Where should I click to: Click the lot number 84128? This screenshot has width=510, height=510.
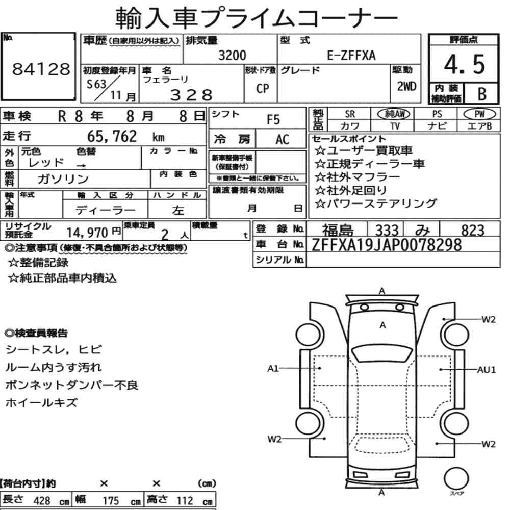pyautogui.click(x=41, y=69)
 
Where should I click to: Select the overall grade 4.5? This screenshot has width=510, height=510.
pyautogui.click(x=464, y=64)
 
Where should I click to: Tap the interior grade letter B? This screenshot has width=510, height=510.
pyautogui.click(x=482, y=94)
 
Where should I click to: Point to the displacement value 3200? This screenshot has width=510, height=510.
pyautogui.click(x=232, y=55)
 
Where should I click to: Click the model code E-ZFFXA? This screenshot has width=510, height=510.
pyautogui.click(x=351, y=55)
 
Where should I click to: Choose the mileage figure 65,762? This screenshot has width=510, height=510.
pyautogui.click(x=112, y=136)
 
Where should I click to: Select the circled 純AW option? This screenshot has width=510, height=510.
pyautogui.click(x=394, y=114)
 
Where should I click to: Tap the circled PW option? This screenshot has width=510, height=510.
pyautogui.click(x=479, y=114)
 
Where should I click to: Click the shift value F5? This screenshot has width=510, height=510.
pyautogui.click(x=273, y=120)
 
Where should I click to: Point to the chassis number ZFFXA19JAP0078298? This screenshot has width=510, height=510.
pyautogui.click(x=387, y=245)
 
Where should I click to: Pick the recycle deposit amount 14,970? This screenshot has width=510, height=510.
pyautogui.click(x=87, y=233)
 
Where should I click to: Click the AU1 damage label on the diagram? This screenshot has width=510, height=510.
pyautogui.click(x=487, y=370)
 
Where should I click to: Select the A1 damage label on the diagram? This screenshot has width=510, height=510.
pyautogui.click(x=273, y=369)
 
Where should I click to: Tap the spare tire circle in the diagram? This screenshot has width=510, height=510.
pyautogui.click(x=456, y=478)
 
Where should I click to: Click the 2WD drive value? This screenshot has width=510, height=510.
pyautogui.click(x=406, y=87)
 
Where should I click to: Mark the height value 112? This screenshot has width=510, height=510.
pyautogui.click(x=185, y=501)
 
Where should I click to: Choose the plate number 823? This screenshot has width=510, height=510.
pyautogui.click(x=473, y=231)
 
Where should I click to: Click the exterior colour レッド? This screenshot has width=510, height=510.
pyautogui.click(x=46, y=163)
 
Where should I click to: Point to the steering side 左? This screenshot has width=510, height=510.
pyautogui.click(x=178, y=210)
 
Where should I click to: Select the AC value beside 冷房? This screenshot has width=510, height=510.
pyautogui.click(x=282, y=140)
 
